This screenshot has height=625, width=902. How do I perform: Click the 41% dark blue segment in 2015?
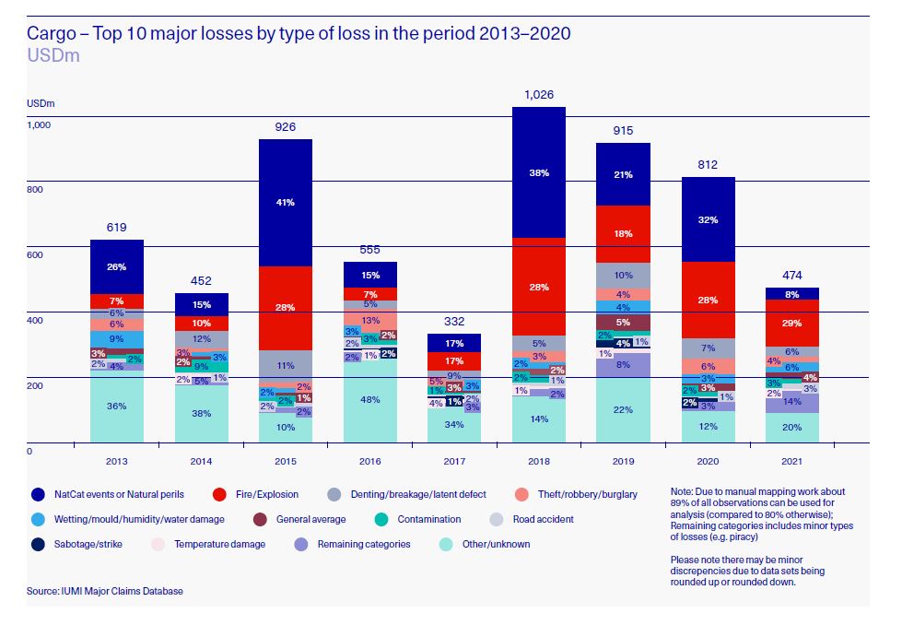pos(285,202)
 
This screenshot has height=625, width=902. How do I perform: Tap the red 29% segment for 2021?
pos(791,323)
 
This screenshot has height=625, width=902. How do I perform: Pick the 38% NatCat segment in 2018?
pos(538,172)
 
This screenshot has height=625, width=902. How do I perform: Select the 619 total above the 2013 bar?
pos(116,227)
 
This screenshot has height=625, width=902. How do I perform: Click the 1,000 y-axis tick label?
pos(40,124)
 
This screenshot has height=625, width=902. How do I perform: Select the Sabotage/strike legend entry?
pos(81,544)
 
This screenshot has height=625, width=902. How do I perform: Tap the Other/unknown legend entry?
pos(488,544)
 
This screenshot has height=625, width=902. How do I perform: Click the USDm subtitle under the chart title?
pos(53,55)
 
